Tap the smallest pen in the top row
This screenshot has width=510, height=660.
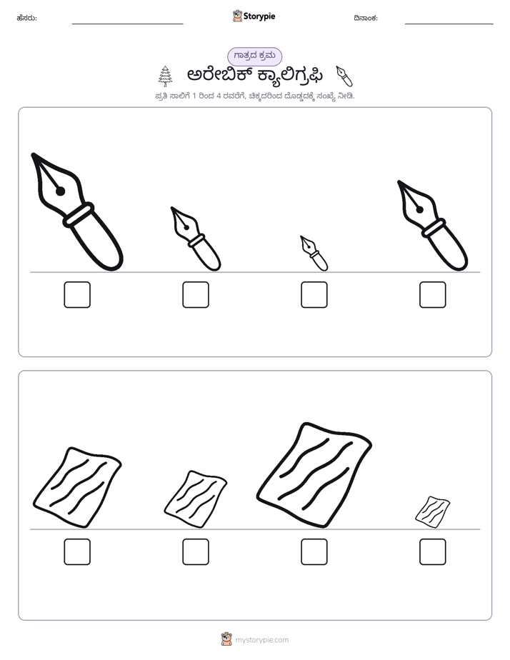coord(314,254)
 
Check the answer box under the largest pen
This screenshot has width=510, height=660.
coord(77,294)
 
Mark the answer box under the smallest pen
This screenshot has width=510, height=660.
coord(314,294)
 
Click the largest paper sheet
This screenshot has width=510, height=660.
coord(314,475)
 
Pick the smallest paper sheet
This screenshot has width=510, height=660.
coord(433,511)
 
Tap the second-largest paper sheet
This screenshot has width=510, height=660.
coord(77,487)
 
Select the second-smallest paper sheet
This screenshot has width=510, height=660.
coord(196,499)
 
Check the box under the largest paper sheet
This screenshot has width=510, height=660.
coord(314,552)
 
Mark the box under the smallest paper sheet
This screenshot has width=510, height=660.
coord(433,552)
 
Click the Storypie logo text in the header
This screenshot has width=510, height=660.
coord(259,16)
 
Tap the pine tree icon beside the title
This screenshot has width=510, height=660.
coord(166,76)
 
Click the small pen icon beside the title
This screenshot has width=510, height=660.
coord(344,76)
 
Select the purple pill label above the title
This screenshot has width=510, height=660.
coord(254,56)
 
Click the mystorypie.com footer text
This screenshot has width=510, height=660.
coord(261,640)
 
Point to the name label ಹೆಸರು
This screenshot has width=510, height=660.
coord(27,18)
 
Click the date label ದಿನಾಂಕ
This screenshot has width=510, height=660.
coord(366,18)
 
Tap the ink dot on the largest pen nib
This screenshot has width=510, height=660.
coord(60,191)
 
